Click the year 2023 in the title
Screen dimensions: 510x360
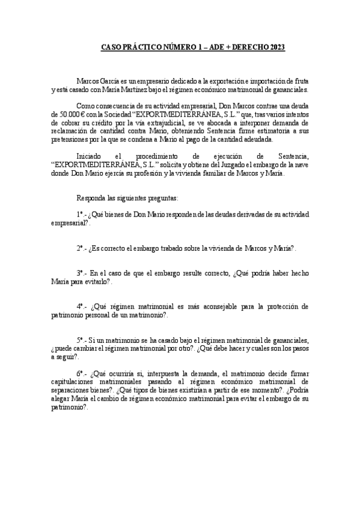point(277,47)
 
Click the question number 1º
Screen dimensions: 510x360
point(81,214)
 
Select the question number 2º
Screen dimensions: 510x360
point(81,248)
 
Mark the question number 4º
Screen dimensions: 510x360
point(81,306)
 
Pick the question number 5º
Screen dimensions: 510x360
point(81,340)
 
